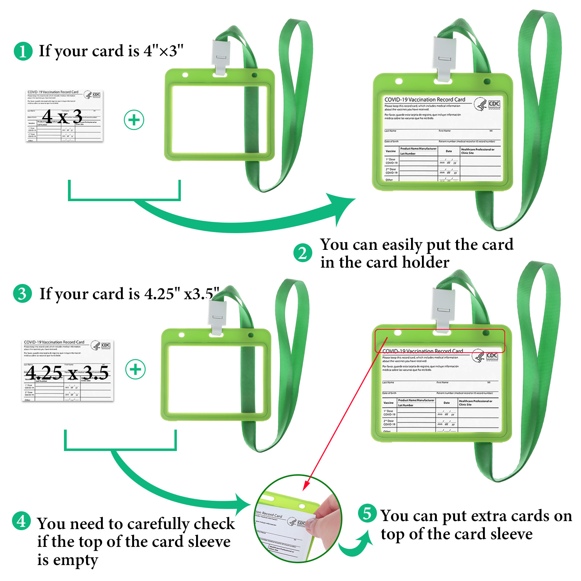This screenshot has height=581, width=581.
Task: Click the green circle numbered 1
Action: [23, 51]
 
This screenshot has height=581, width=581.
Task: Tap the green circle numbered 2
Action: [302, 253]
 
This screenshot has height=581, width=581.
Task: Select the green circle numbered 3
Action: [23, 293]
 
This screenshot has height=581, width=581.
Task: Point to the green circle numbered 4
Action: [21, 521]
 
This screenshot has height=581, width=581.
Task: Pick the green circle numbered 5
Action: [367, 513]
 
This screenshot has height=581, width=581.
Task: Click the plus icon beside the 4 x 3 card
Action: [134, 120]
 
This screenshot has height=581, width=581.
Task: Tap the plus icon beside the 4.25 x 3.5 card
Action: [135, 370]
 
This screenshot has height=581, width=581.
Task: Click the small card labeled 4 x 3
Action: [64, 116]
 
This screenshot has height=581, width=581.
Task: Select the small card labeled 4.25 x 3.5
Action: [68, 371]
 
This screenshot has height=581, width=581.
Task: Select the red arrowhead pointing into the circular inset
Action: [306, 485]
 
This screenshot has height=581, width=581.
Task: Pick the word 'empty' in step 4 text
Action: [76, 560]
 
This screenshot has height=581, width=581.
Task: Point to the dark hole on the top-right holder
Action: [487, 81]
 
